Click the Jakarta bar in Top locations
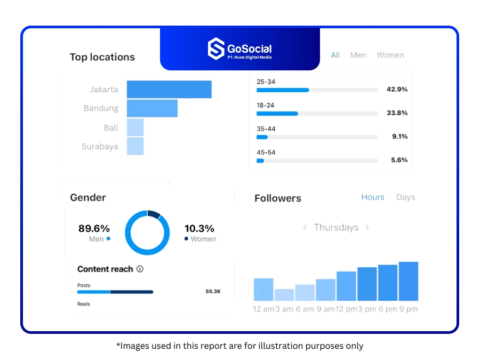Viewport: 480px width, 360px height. (169, 90)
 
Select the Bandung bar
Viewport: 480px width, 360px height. (152, 108)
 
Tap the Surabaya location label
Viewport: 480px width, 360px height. (100, 147)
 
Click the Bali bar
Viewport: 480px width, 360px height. (135, 127)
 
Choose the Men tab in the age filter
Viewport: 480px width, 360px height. (358, 55)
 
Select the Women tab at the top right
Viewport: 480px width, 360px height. (390, 55)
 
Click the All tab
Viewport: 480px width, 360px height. (335, 55)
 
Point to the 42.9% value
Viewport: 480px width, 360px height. (397, 90)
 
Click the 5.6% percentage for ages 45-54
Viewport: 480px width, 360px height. (399, 160)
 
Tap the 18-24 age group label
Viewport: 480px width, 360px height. (266, 106)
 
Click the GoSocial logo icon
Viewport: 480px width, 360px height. (215, 49)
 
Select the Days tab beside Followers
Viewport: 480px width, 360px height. (405, 197)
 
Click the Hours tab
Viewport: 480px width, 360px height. (373, 197)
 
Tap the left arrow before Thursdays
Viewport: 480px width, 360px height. (305, 227)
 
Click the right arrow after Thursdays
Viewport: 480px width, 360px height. (367, 227)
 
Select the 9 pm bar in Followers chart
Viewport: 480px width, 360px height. (409, 281)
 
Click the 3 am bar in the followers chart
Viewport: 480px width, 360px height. (284, 295)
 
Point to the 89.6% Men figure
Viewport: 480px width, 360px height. (94, 229)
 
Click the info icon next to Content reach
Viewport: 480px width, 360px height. (140, 269)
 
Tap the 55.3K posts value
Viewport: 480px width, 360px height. (213, 292)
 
